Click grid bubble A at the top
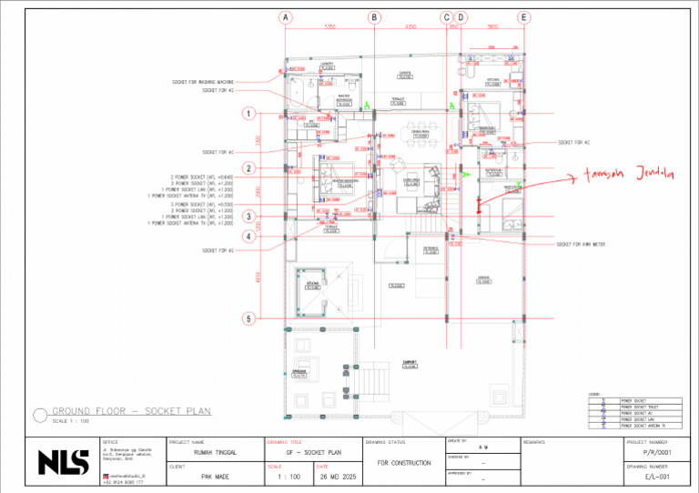click(286, 17)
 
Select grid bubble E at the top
click(524, 17)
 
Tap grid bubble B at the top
click(374, 17)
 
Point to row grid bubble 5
click(247, 318)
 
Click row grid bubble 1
click(247, 114)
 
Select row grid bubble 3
click(247, 216)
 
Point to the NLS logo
click(63, 462)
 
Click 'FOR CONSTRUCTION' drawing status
click(403, 463)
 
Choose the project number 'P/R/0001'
click(656, 451)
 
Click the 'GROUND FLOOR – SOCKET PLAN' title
click(131, 411)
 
